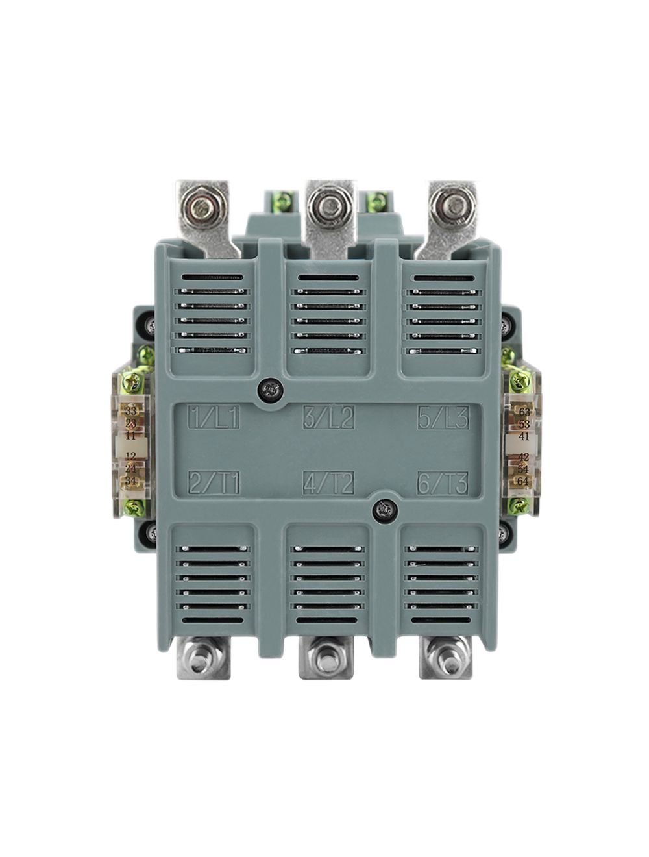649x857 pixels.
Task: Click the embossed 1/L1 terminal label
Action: tap(214, 416)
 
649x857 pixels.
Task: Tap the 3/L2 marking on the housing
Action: tap(329, 416)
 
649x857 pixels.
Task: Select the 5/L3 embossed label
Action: tap(443, 416)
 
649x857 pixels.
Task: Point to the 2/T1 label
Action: tap(214, 483)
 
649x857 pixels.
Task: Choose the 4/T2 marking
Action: tap(329, 483)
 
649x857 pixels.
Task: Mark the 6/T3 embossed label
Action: tap(443, 483)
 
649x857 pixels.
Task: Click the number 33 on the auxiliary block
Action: tap(131, 411)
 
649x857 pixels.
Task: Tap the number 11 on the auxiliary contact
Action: tap(131, 436)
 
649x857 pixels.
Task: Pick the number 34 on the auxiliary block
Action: tap(131, 481)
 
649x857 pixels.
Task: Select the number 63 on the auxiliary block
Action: tap(524, 411)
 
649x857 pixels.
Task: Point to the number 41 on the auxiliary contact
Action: tap(524, 436)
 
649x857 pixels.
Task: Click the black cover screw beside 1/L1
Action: tap(270, 390)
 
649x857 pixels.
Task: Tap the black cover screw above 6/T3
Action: tap(386, 510)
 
